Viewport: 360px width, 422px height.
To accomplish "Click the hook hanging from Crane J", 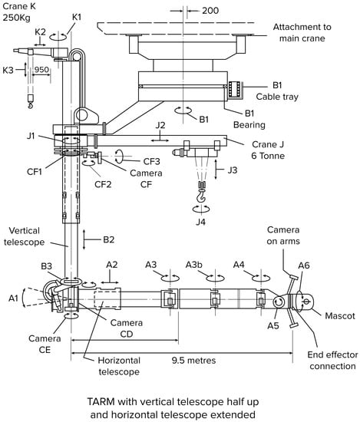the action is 201,195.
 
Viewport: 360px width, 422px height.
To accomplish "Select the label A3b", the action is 194,265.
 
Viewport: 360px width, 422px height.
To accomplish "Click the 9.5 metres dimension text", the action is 194,360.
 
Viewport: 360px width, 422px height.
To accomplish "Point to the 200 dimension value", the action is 210,11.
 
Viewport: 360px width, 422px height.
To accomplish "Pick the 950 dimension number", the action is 41,70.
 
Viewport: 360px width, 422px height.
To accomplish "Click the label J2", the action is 160,125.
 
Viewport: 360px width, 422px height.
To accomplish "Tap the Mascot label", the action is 340,315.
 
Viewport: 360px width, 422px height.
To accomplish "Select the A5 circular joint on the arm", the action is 278,302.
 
